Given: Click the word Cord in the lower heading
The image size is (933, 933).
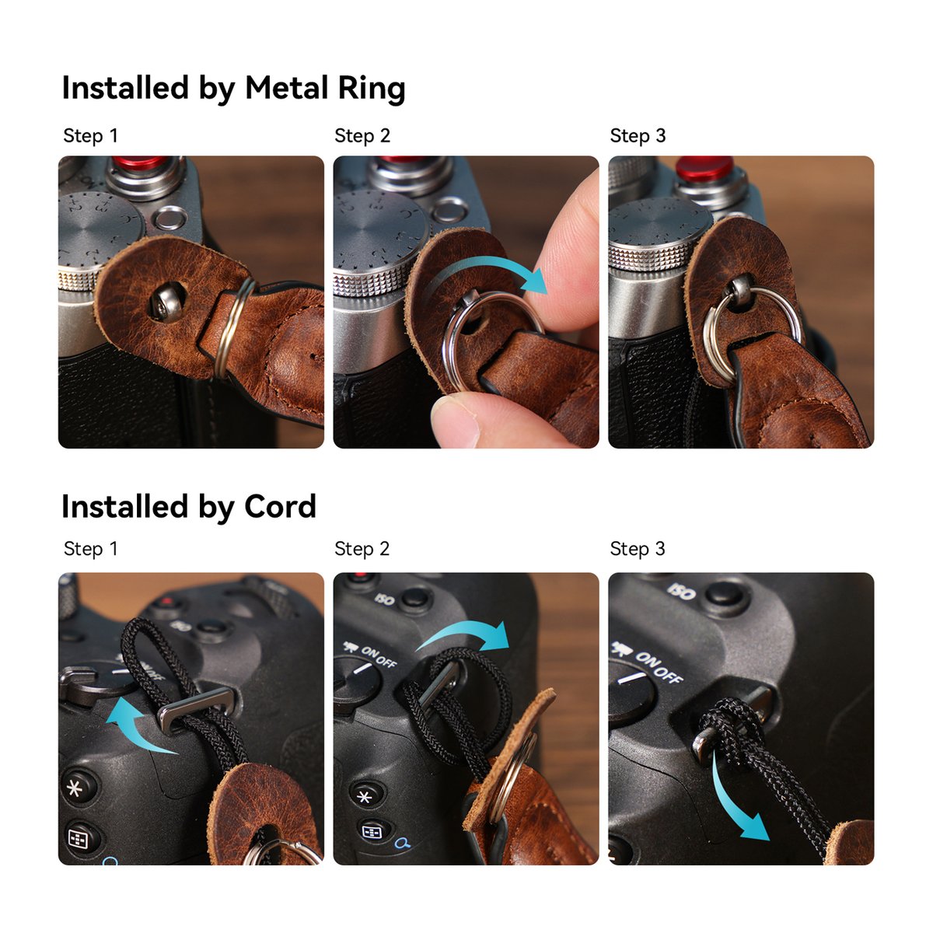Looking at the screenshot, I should [x=280, y=507].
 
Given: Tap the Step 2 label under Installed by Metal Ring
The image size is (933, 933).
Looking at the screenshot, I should [x=362, y=136].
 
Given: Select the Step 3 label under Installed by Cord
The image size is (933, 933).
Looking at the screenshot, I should [x=638, y=549].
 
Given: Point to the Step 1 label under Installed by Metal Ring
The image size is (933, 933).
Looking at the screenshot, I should [x=90, y=136].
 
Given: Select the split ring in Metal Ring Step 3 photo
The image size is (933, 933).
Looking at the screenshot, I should [x=750, y=330].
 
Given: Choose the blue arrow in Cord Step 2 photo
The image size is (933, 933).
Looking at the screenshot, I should [x=466, y=634].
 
